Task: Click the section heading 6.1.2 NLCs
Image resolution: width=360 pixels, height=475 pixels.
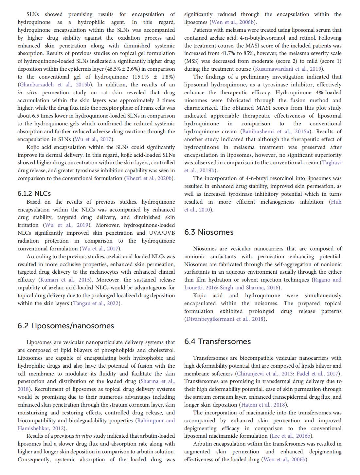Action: point(34,193)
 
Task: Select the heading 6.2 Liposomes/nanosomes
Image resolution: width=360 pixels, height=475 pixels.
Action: point(65,326)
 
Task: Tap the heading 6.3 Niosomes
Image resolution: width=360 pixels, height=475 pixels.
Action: point(209,232)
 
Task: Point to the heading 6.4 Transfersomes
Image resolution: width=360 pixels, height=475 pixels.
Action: point(217,341)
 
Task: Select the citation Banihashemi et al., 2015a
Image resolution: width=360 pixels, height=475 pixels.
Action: point(276,132)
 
